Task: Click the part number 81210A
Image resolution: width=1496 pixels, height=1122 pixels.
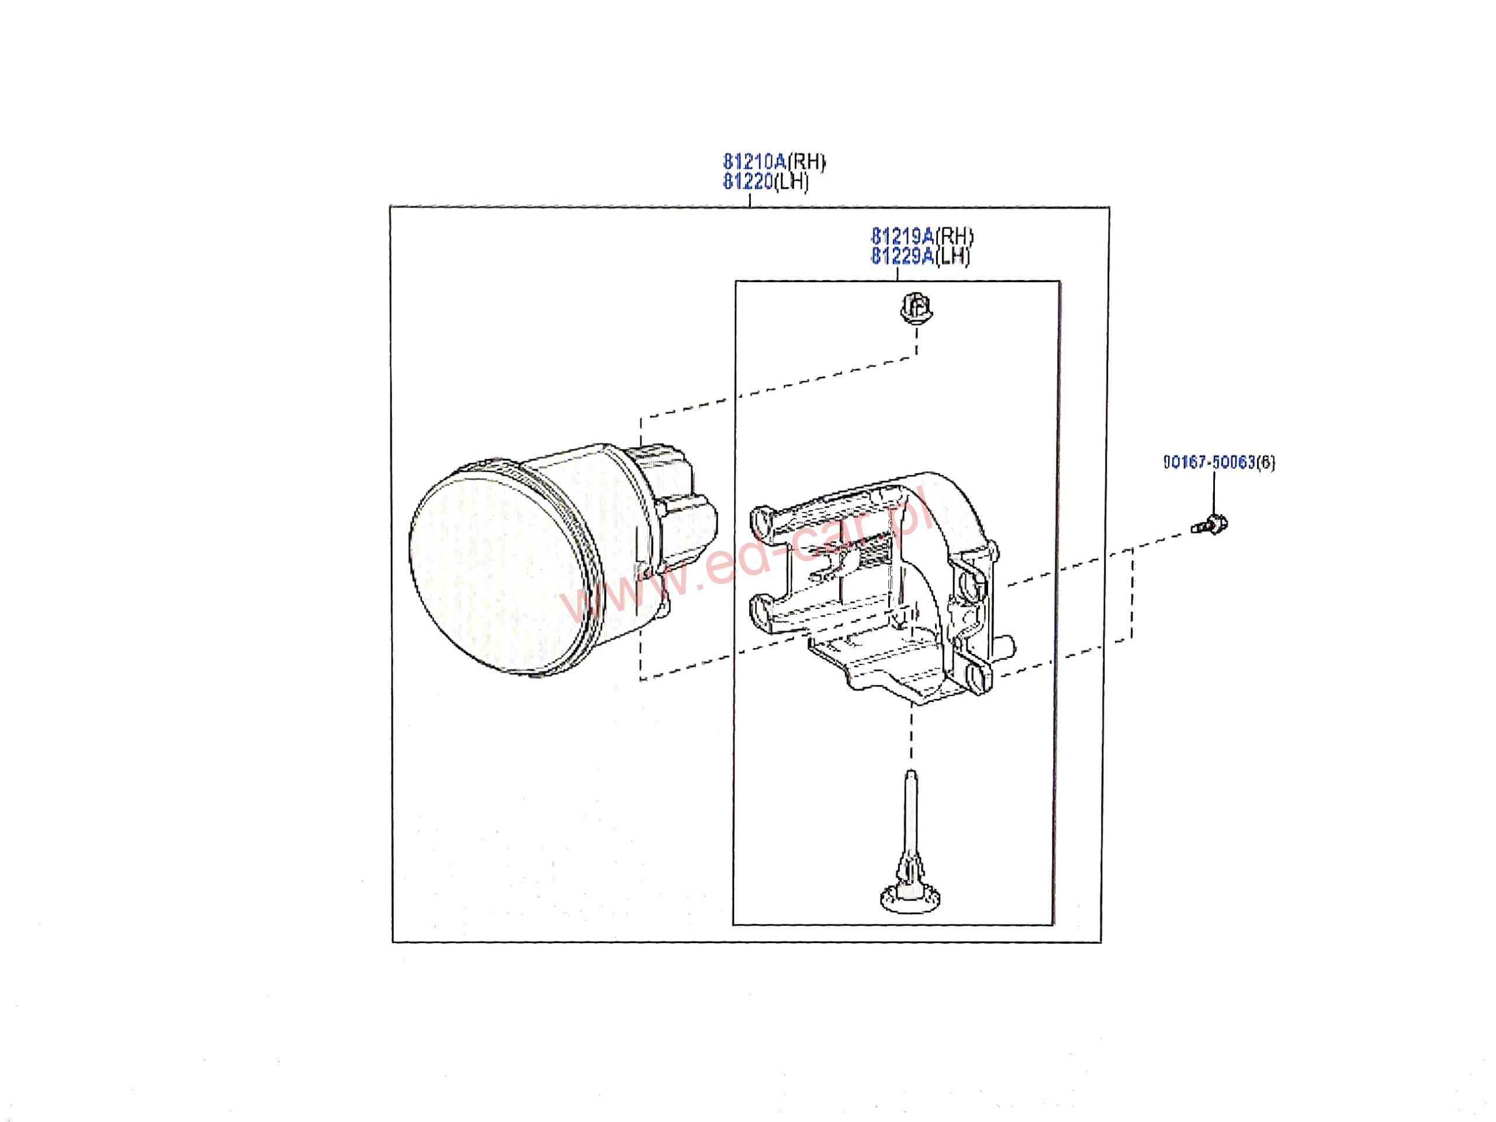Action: (754, 162)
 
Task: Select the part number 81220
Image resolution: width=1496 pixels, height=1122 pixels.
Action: (747, 182)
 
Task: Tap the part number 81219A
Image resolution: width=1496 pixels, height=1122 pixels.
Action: (902, 237)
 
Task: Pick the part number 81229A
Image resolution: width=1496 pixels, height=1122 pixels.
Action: (902, 257)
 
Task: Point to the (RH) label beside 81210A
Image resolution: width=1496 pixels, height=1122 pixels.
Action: (806, 162)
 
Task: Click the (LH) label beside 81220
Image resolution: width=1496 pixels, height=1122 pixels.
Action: (791, 182)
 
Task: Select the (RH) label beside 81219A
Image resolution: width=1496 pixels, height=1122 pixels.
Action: (954, 237)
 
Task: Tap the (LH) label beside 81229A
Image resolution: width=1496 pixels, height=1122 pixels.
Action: (953, 257)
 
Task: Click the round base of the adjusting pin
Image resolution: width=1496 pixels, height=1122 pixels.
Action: (911, 898)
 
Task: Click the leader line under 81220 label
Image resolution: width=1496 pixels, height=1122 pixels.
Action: (750, 199)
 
